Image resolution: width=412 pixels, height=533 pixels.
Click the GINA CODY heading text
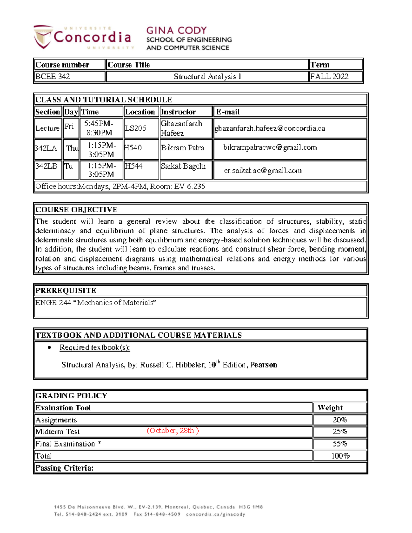(176, 31)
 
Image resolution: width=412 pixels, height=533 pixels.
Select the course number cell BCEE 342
(53, 77)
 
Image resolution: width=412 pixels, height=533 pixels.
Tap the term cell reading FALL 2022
(329, 77)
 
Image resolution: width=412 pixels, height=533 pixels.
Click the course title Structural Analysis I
(207, 77)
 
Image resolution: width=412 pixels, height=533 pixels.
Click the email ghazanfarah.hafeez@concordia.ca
(270, 128)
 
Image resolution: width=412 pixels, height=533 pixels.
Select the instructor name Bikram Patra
(182, 148)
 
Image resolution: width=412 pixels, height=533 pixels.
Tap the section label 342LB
(46, 166)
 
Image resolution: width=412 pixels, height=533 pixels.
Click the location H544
(134, 166)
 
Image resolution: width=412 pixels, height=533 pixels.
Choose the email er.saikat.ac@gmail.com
(263, 171)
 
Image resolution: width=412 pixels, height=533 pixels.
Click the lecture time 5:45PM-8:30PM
(99, 128)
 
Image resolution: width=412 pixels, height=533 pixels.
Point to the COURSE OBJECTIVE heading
(77, 210)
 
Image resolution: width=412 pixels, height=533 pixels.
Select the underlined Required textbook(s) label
(95, 347)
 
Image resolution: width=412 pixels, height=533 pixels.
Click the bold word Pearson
(263, 365)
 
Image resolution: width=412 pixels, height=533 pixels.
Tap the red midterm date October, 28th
(173, 431)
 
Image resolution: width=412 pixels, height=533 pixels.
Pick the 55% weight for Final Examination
(340, 444)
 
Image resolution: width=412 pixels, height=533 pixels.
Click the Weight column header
(330, 408)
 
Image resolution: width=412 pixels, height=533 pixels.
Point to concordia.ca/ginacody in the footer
(216, 514)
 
